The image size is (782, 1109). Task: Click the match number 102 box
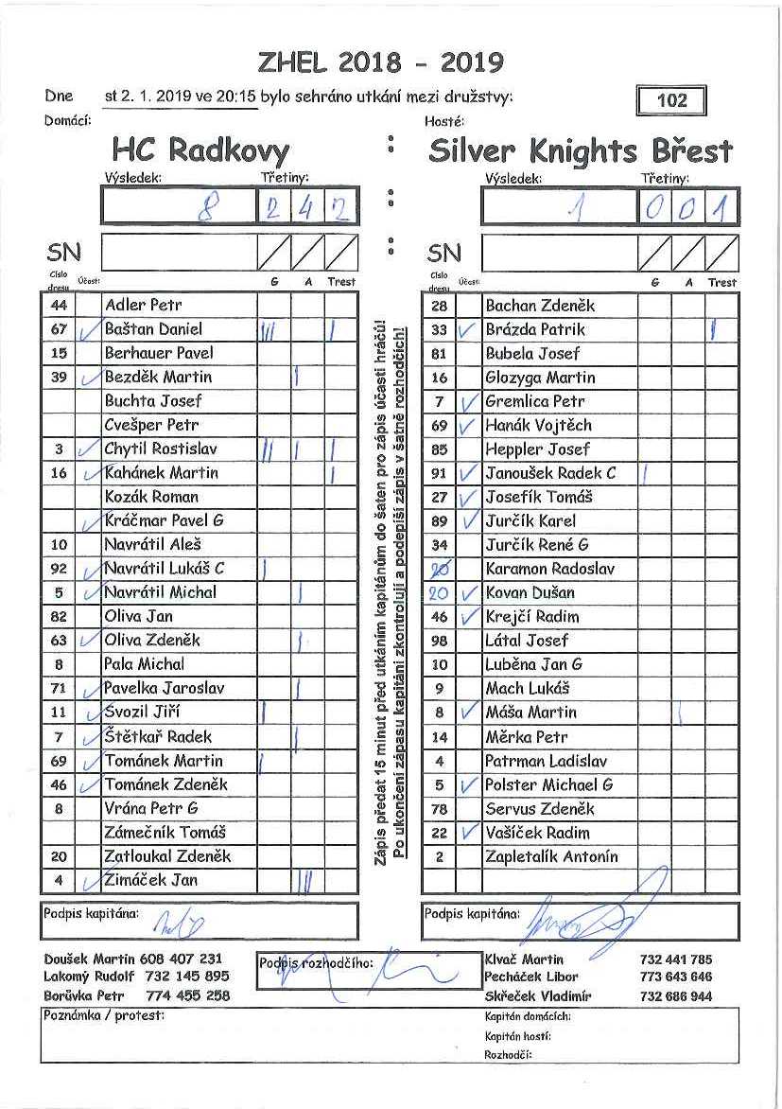[672, 100]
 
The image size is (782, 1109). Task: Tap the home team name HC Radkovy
[200, 150]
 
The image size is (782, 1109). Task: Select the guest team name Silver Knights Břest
[580, 150]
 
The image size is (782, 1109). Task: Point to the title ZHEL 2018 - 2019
[380, 62]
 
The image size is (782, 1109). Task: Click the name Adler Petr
[144, 306]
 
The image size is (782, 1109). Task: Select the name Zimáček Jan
[151, 880]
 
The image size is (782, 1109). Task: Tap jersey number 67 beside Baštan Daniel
[59, 329]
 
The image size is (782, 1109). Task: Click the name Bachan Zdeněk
[540, 306]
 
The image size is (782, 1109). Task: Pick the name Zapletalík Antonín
[551, 856]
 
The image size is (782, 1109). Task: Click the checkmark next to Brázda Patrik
[466, 330]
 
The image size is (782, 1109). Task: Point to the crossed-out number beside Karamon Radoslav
[438, 569]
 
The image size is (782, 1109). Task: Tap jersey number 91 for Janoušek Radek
[438, 473]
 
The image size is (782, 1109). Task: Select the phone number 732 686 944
[676, 996]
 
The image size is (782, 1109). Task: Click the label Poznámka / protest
[104, 1016]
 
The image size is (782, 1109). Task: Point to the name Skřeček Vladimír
[537, 996]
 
